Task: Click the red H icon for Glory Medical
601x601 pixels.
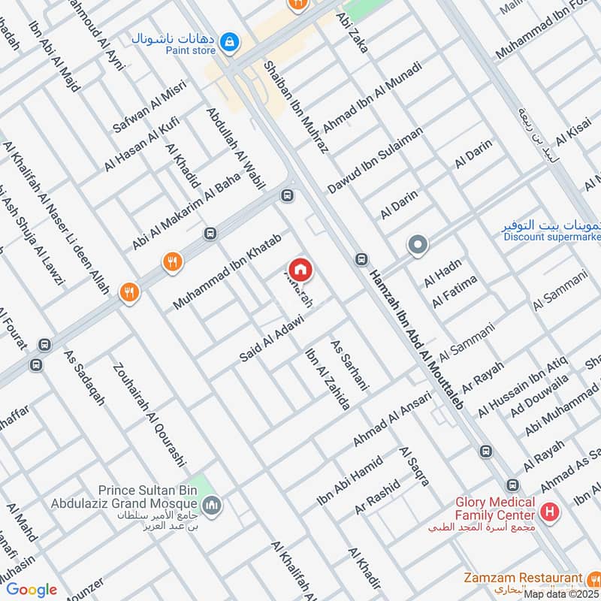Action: (x=550, y=512)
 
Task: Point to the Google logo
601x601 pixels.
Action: (x=32, y=590)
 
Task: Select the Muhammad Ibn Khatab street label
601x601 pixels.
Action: (x=228, y=271)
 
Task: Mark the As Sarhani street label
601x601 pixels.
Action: (x=351, y=364)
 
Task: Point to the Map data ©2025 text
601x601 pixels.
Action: (x=562, y=593)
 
